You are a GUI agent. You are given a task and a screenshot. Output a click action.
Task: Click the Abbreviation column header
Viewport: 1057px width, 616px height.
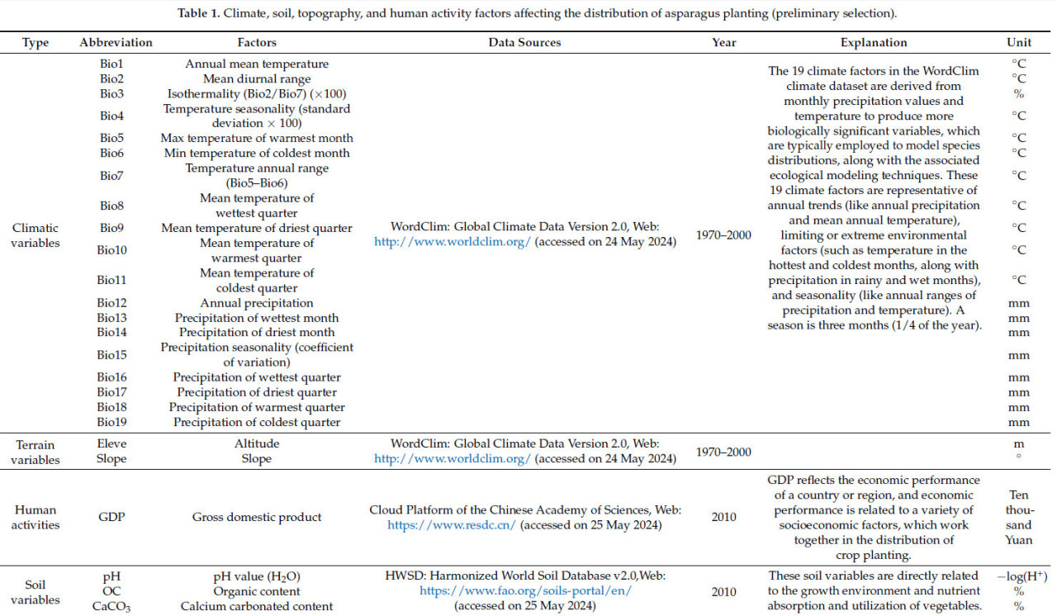[x=116, y=42]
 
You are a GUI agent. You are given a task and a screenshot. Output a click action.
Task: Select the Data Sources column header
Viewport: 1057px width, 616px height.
[x=524, y=42]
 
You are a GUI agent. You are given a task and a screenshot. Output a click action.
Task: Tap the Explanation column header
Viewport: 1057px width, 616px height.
[x=874, y=42]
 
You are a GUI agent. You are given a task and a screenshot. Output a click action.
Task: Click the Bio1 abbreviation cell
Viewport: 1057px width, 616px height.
[x=111, y=64]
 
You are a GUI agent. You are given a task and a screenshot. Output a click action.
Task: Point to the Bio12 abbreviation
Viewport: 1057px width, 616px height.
[x=111, y=303]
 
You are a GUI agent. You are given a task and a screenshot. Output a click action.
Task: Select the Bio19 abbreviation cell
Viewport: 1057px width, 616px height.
[x=111, y=422]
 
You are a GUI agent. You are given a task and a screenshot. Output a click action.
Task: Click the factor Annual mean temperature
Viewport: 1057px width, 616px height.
[x=257, y=64]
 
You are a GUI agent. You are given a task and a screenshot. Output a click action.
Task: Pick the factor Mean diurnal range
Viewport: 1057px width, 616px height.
[x=257, y=78]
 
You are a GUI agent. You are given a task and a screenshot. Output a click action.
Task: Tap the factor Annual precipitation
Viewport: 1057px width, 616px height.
[x=257, y=303]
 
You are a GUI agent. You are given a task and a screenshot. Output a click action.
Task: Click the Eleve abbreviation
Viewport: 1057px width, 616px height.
[x=111, y=443]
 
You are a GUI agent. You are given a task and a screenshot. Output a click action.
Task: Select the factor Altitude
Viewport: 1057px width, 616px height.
[x=257, y=443]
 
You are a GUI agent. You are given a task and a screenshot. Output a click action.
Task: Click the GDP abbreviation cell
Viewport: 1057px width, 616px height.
[x=111, y=517]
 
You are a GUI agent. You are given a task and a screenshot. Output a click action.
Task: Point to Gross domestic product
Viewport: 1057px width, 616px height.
[x=257, y=517]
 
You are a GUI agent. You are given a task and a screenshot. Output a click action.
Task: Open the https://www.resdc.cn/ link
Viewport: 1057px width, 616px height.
[x=452, y=524]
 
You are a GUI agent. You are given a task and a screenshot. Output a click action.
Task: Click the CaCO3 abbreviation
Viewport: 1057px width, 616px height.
[x=111, y=606]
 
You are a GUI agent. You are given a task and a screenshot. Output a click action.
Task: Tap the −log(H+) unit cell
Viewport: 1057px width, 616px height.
[x=1019, y=576]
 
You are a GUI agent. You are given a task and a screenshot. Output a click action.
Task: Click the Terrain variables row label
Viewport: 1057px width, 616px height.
[x=36, y=451]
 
